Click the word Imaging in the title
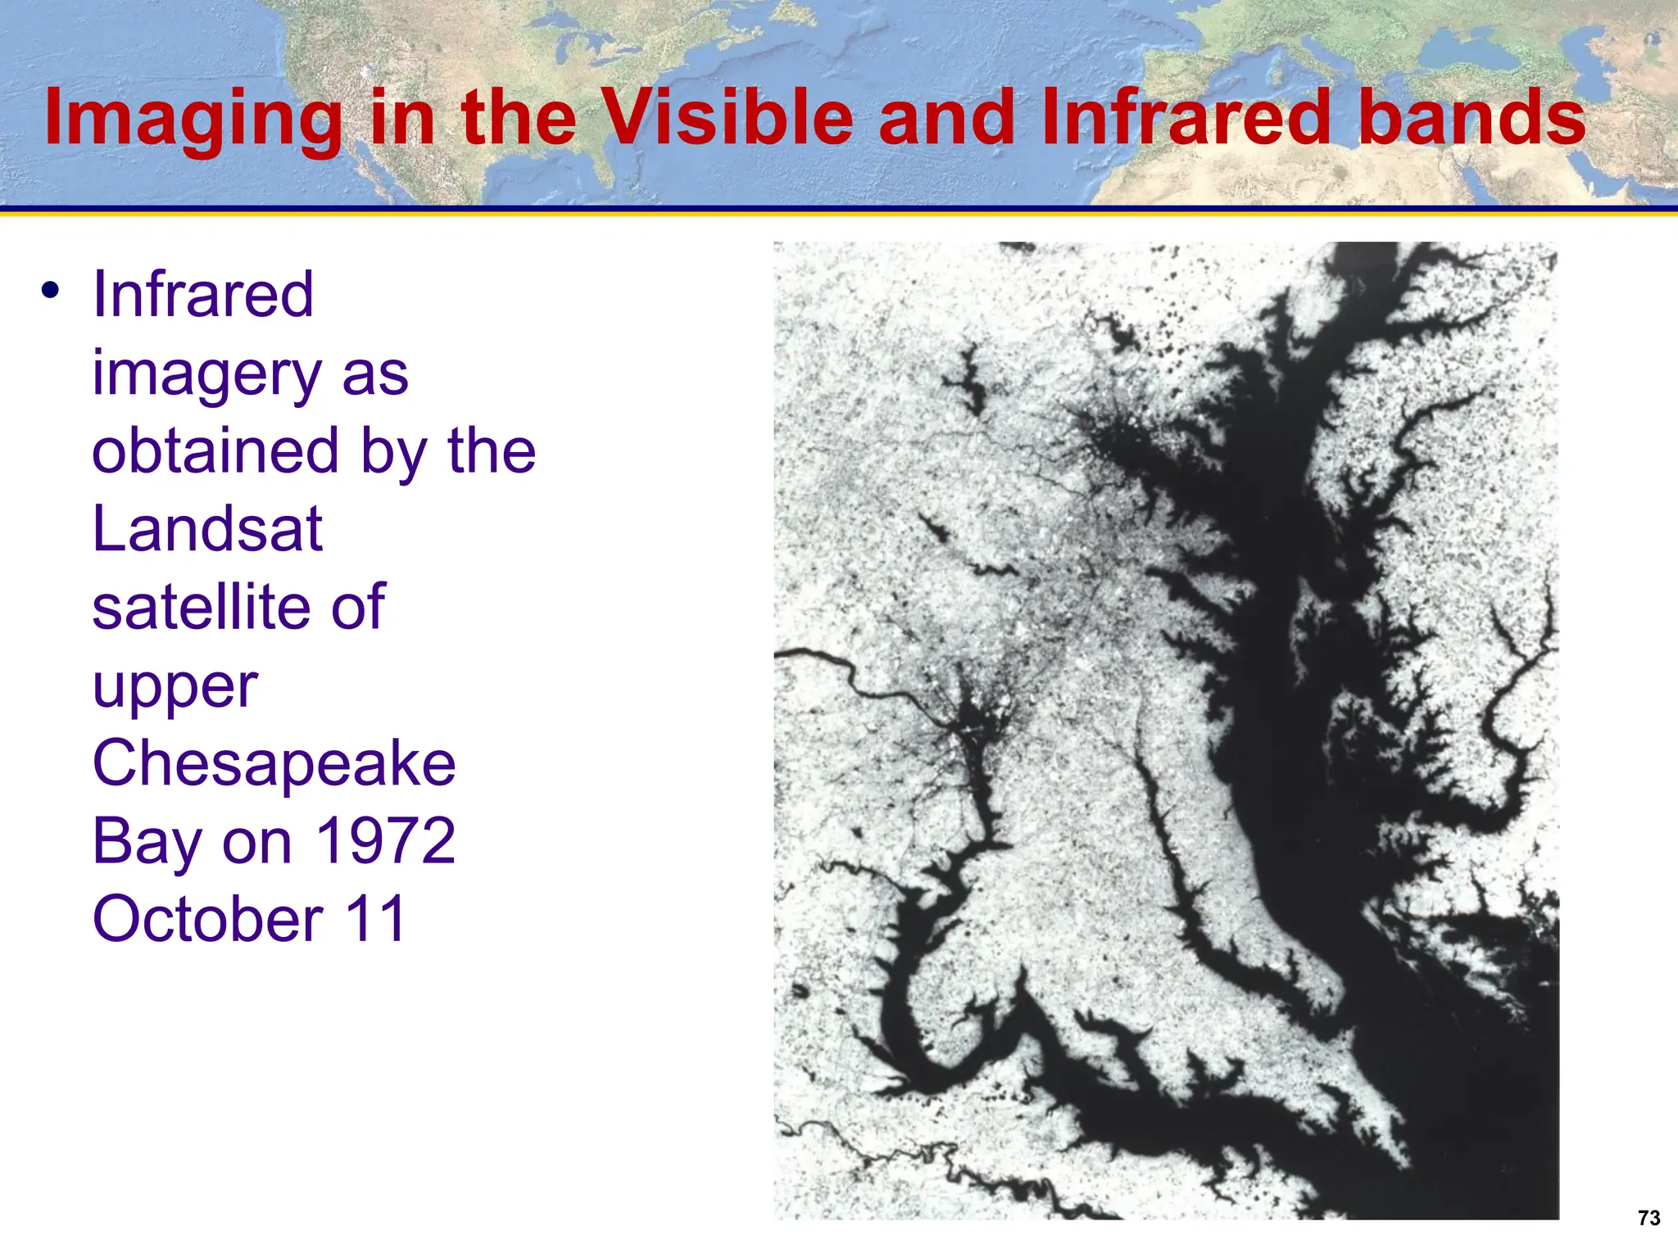coord(193,120)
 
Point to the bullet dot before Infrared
coord(51,290)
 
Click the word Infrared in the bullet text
coord(202,294)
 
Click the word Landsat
coord(207,529)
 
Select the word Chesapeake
coord(274,763)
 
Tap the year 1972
coord(385,841)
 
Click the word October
coord(207,919)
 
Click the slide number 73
coord(1649,1218)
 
